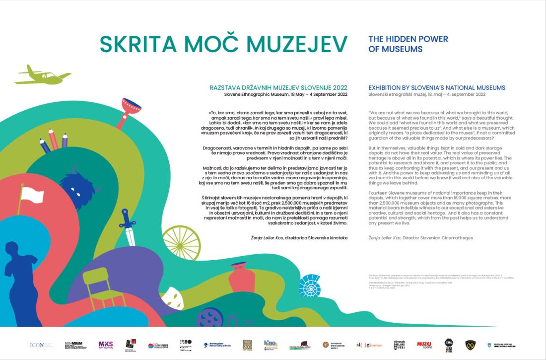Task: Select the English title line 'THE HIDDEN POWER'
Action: (408, 39)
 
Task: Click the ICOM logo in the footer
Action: (38, 345)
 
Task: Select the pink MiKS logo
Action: (106, 344)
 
